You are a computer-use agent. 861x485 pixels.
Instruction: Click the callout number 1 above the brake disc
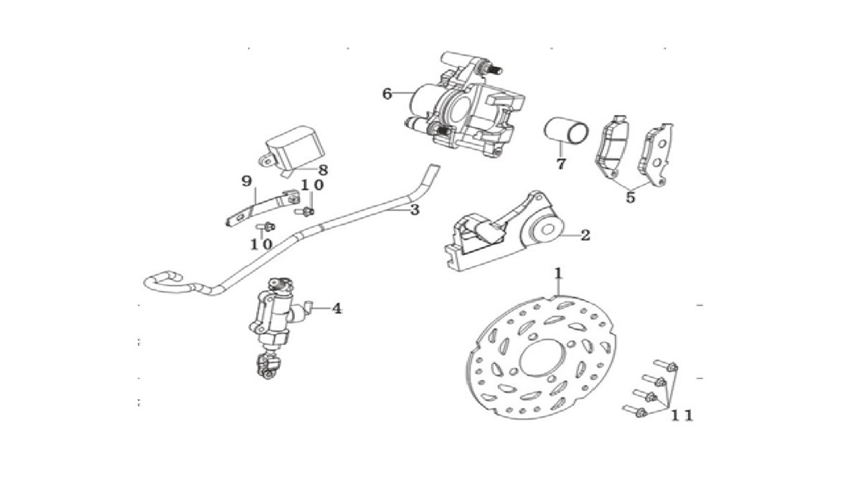tap(557, 274)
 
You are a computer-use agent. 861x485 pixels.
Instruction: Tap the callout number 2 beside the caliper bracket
tap(585, 235)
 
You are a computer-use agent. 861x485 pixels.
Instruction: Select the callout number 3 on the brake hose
tap(414, 210)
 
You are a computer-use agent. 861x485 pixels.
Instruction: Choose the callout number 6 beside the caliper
tap(387, 94)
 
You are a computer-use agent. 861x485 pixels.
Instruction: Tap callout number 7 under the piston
tap(560, 163)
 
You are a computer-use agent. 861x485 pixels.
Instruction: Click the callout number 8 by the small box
tap(323, 170)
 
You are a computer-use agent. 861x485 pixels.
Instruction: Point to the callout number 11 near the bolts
tap(682, 415)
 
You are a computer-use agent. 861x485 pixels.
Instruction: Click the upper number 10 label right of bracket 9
tap(311, 185)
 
